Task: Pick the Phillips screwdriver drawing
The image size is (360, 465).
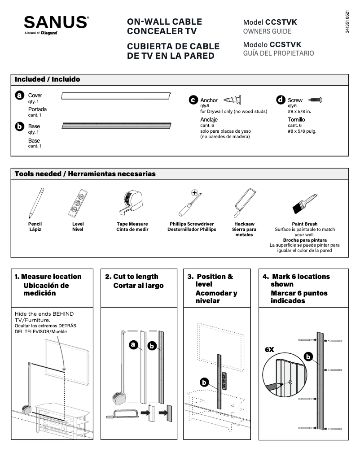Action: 191,203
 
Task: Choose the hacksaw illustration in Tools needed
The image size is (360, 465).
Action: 244,203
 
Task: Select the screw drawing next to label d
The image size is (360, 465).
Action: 314,100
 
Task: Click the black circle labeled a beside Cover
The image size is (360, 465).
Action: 20,96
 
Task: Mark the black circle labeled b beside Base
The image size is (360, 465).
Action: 20,127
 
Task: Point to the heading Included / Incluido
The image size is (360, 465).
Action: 48,79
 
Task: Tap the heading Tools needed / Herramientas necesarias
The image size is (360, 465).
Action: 85,174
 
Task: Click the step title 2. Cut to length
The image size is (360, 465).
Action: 132,277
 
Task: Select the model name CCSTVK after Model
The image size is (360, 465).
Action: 281,22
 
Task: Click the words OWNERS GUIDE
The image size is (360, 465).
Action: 267,31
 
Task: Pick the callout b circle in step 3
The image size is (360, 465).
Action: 204,382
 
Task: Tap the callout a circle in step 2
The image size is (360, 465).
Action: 133,344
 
